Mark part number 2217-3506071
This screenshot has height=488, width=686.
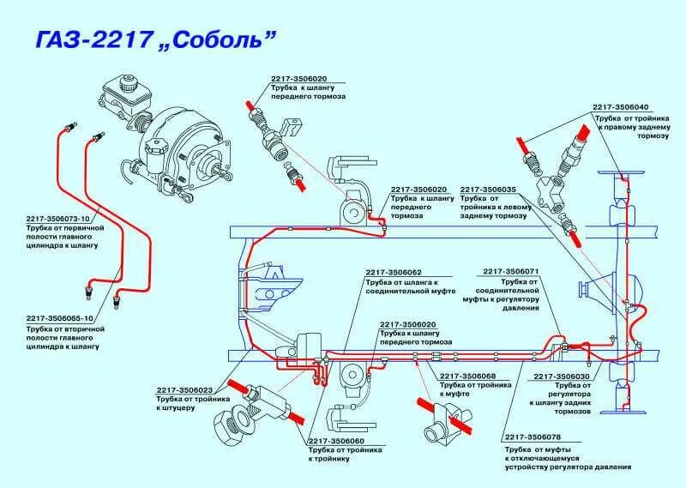click(511, 271)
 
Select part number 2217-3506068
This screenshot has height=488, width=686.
click(467, 376)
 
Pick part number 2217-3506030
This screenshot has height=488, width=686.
click(562, 376)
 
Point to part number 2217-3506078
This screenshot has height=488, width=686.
click(539, 437)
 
